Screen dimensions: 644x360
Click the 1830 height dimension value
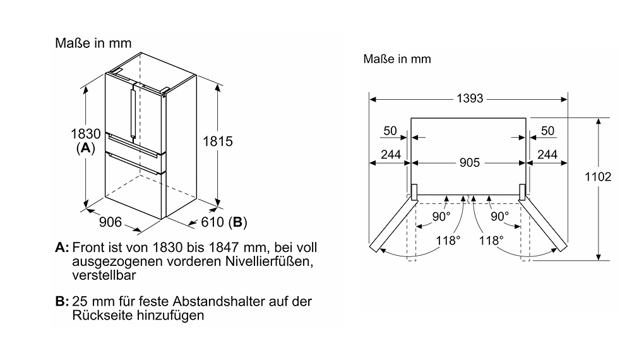click(85, 133)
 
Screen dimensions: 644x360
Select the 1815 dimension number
click(218, 141)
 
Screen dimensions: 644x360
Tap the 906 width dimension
click(110, 222)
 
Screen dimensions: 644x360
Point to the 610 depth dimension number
click(212, 222)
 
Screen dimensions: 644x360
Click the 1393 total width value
click(470, 99)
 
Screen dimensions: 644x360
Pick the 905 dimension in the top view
click(470, 163)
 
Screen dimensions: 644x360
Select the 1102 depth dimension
click(598, 177)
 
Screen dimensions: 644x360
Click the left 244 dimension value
click(391, 155)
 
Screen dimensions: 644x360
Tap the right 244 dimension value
click(547, 155)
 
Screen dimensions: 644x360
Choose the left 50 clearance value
click(390, 131)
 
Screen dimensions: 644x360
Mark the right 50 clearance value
click(547, 131)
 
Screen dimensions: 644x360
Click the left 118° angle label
click(448, 240)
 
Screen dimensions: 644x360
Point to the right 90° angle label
click(500, 216)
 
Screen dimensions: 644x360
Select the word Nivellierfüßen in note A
click(268, 261)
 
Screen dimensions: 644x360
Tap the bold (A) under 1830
click(85, 148)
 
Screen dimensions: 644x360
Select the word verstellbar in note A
click(104, 275)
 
